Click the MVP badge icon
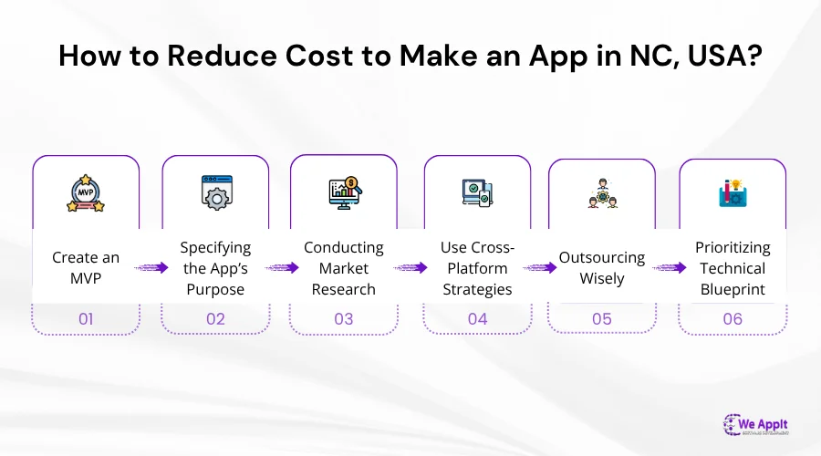click(86, 193)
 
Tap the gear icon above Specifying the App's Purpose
click(215, 193)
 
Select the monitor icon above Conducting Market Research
click(344, 192)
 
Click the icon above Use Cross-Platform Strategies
click(477, 193)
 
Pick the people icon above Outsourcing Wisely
click(601, 194)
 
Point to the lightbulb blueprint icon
click(733, 193)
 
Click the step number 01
click(86, 319)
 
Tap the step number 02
click(215, 319)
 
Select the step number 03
click(344, 319)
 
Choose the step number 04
click(477, 319)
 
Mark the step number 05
click(601, 319)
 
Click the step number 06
click(733, 319)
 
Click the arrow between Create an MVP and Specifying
click(151, 268)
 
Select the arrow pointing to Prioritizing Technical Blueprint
click(670, 268)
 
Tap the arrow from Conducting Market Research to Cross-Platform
click(410, 268)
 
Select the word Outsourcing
click(601, 257)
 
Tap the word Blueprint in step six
click(733, 289)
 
